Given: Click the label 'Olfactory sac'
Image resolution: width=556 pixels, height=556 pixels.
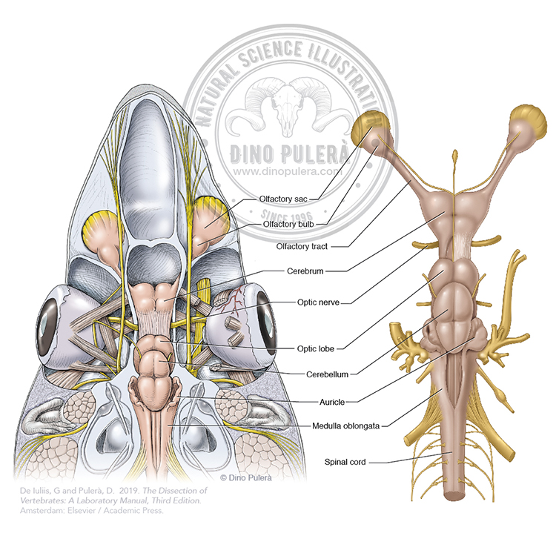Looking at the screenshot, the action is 284,198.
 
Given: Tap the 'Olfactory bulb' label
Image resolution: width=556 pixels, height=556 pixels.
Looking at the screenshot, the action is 288,222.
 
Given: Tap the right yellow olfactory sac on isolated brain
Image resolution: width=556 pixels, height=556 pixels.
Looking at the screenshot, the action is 526,123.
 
